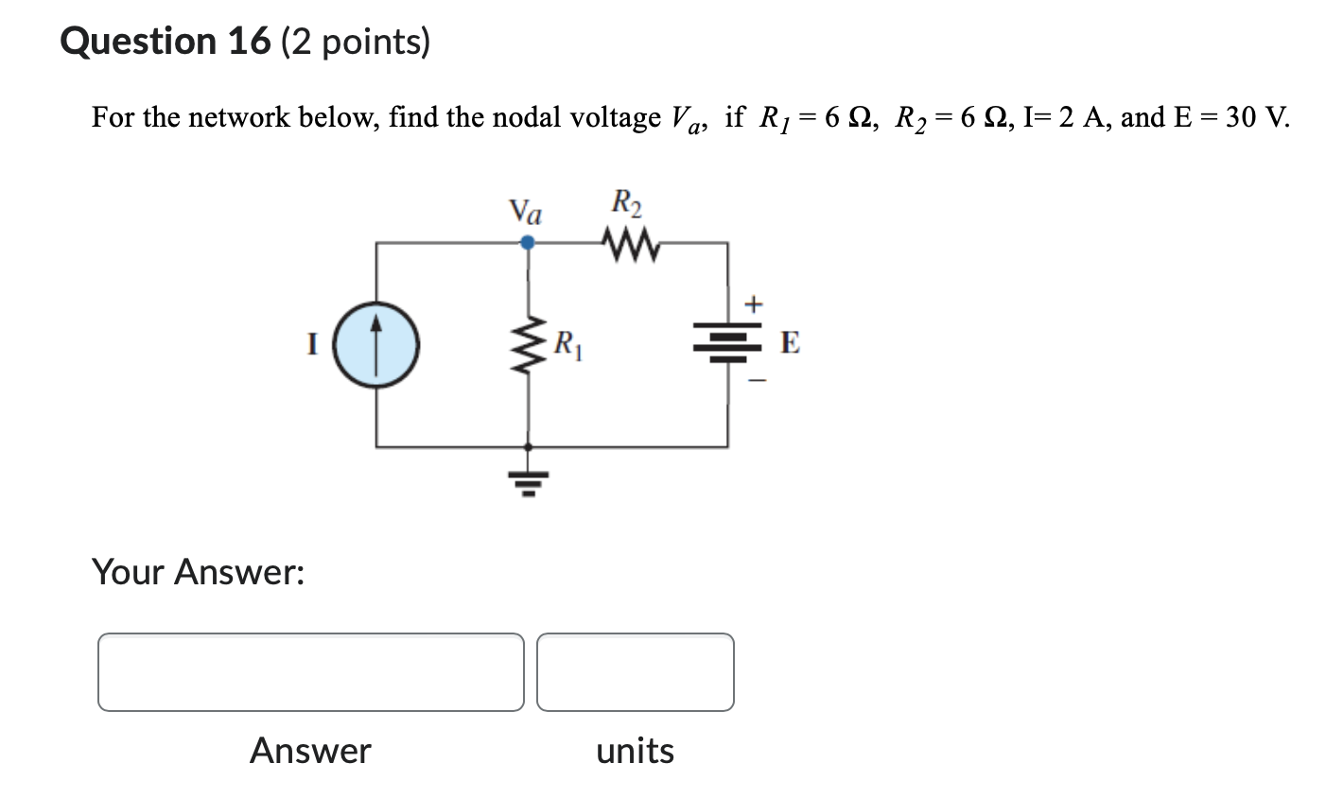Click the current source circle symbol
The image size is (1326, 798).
(377, 344)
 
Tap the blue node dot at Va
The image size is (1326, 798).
(528, 243)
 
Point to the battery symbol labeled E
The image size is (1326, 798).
(727, 341)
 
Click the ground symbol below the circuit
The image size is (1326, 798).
(528, 482)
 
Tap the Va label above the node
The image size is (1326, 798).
(526, 211)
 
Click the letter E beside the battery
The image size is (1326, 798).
(790, 343)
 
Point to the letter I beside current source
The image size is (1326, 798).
(311, 344)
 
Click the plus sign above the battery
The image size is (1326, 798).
(753, 304)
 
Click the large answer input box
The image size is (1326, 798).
(310, 672)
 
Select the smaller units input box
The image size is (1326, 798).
(635, 672)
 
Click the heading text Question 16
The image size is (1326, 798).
(166, 42)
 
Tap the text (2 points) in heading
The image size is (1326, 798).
(356, 42)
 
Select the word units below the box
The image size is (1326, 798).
(635, 751)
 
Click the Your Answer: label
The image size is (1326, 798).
(198, 572)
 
